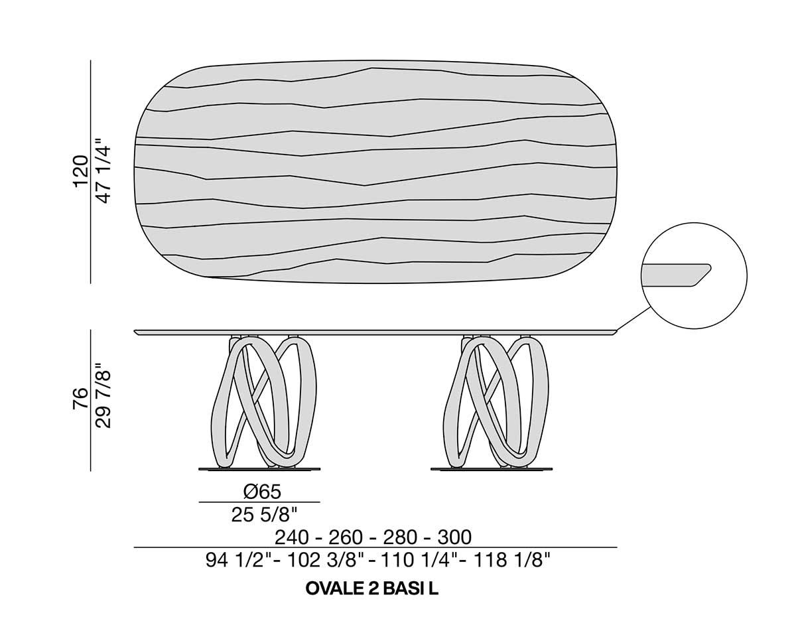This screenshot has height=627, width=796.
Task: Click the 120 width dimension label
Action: point(82,171)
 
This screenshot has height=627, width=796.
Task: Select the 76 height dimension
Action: point(82,398)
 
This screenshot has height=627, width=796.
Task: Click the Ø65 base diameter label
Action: point(262,492)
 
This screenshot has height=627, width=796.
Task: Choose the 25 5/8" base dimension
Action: point(264,515)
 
